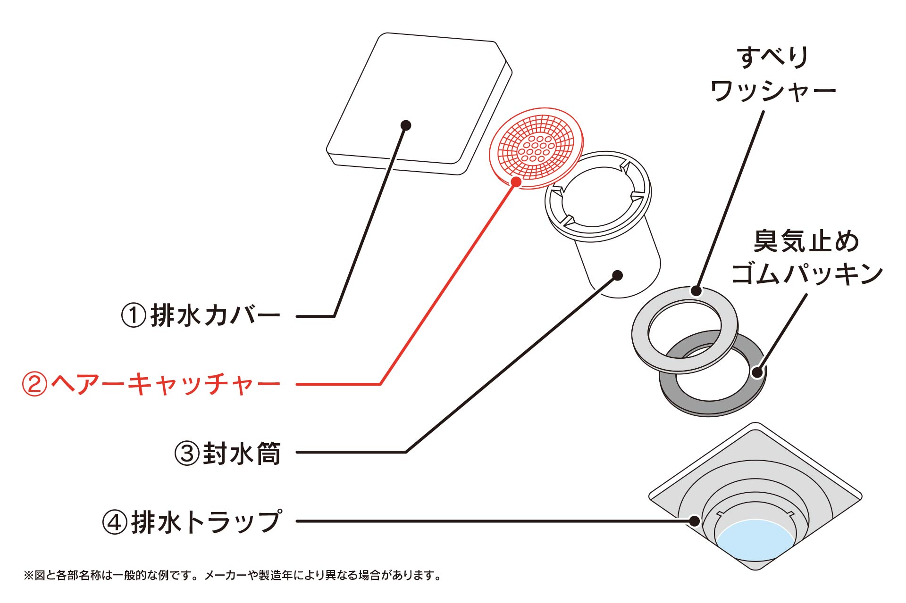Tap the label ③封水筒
228,453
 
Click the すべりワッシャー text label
773,74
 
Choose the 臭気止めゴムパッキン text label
806,258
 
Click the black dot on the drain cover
406,125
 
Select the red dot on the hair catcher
516,182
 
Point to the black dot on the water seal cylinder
618,275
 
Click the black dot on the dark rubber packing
757,372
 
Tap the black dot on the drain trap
694,521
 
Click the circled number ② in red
34,384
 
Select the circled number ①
134,316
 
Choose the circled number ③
187,454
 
